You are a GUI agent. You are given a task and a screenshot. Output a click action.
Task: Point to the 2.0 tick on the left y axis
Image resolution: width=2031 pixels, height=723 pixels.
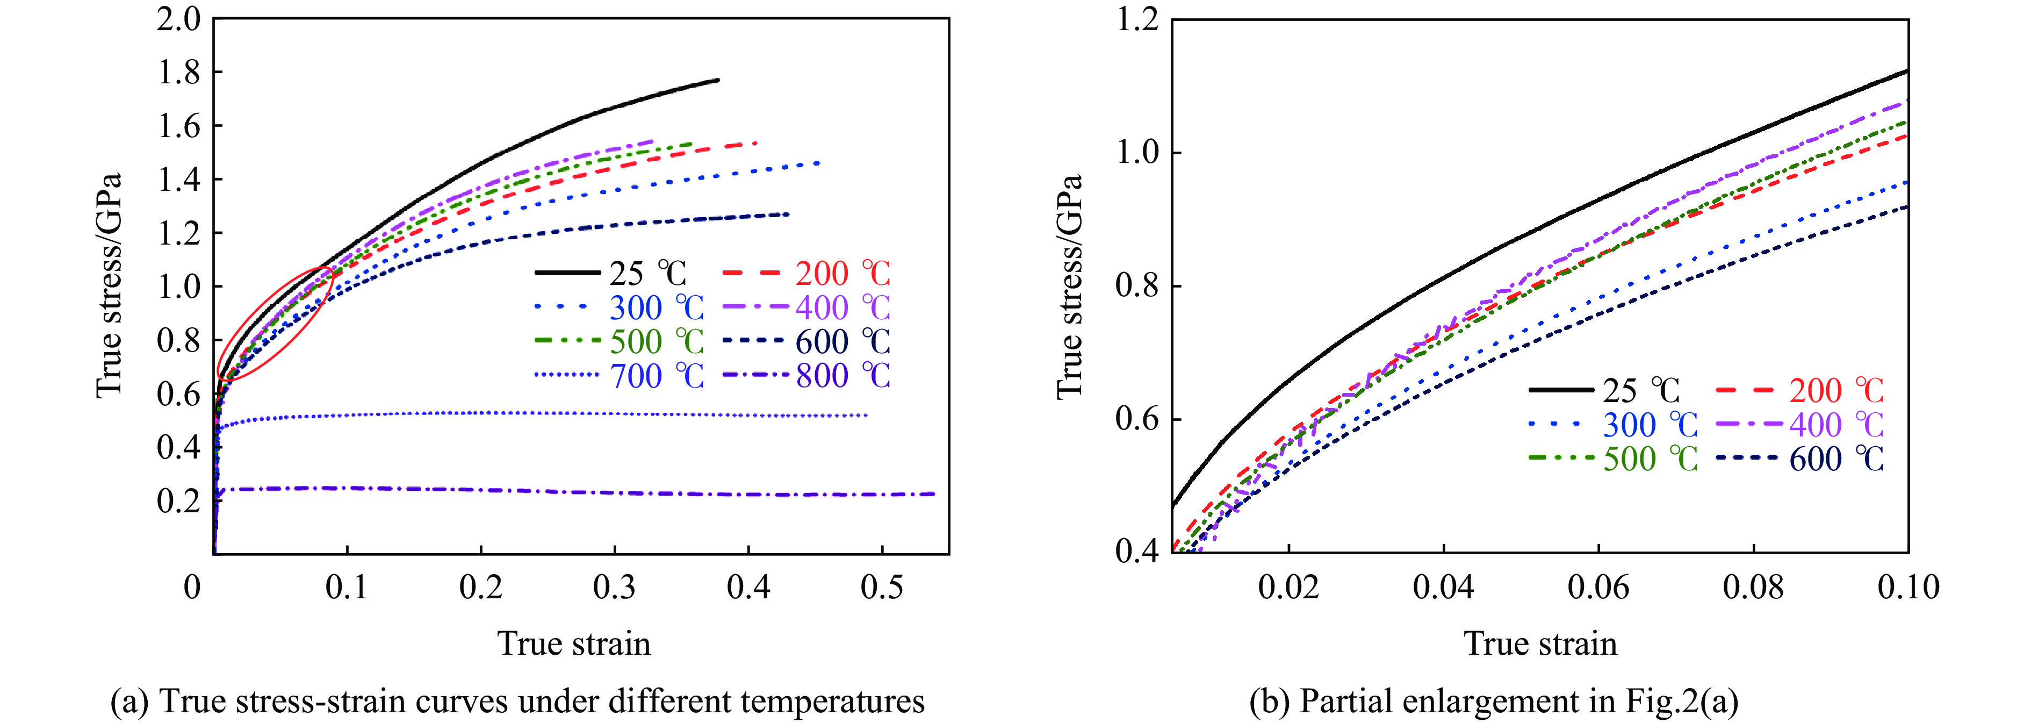click(179, 19)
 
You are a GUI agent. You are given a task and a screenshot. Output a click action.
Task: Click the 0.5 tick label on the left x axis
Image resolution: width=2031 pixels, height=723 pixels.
click(882, 588)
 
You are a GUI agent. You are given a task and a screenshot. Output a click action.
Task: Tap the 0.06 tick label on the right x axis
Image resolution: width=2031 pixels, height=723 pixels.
click(1598, 588)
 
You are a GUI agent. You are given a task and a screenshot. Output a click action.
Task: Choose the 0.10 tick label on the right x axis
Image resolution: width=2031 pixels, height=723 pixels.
click(1908, 588)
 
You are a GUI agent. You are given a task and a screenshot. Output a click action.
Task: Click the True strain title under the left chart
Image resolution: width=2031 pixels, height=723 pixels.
click(574, 643)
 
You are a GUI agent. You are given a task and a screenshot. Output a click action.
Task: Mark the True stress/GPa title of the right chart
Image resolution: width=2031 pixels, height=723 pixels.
click(1069, 285)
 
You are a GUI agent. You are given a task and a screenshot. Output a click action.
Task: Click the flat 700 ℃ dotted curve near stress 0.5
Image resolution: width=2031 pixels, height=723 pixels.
click(552, 413)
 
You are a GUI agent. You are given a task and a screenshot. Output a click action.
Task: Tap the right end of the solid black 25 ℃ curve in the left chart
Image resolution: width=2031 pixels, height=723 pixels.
click(717, 80)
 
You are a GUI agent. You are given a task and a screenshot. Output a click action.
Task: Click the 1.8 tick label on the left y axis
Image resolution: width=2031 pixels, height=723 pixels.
click(179, 73)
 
